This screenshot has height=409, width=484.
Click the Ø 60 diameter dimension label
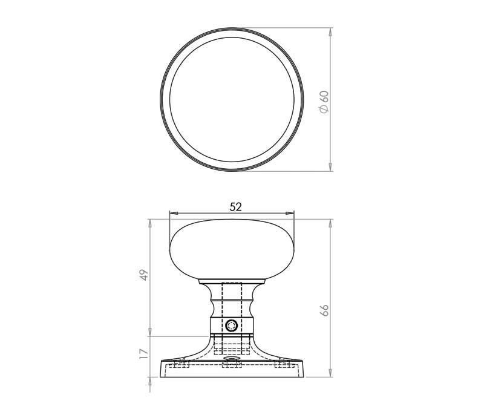click(x=324, y=102)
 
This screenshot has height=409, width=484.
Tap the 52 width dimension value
click(x=235, y=207)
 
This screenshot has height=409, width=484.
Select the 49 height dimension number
click(x=144, y=275)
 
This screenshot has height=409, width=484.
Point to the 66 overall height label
click(x=324, y=310)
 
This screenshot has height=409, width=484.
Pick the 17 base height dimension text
click(x=144, y=354)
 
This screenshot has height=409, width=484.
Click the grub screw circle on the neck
click(x=231, y=326)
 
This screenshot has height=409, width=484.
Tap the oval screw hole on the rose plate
click(x=232, y=358)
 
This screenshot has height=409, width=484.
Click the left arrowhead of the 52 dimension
click(x=174, y=213)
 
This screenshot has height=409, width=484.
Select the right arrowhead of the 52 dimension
click(x=290, y=213)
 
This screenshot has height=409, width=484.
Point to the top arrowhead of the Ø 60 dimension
click(x=330, y=32)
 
